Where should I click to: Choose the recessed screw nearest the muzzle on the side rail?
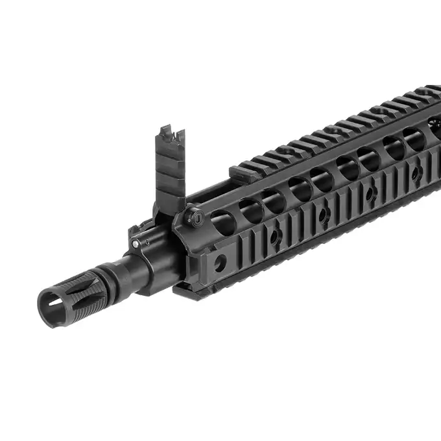click(275, 236)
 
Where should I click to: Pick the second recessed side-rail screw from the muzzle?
click(322, 213)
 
